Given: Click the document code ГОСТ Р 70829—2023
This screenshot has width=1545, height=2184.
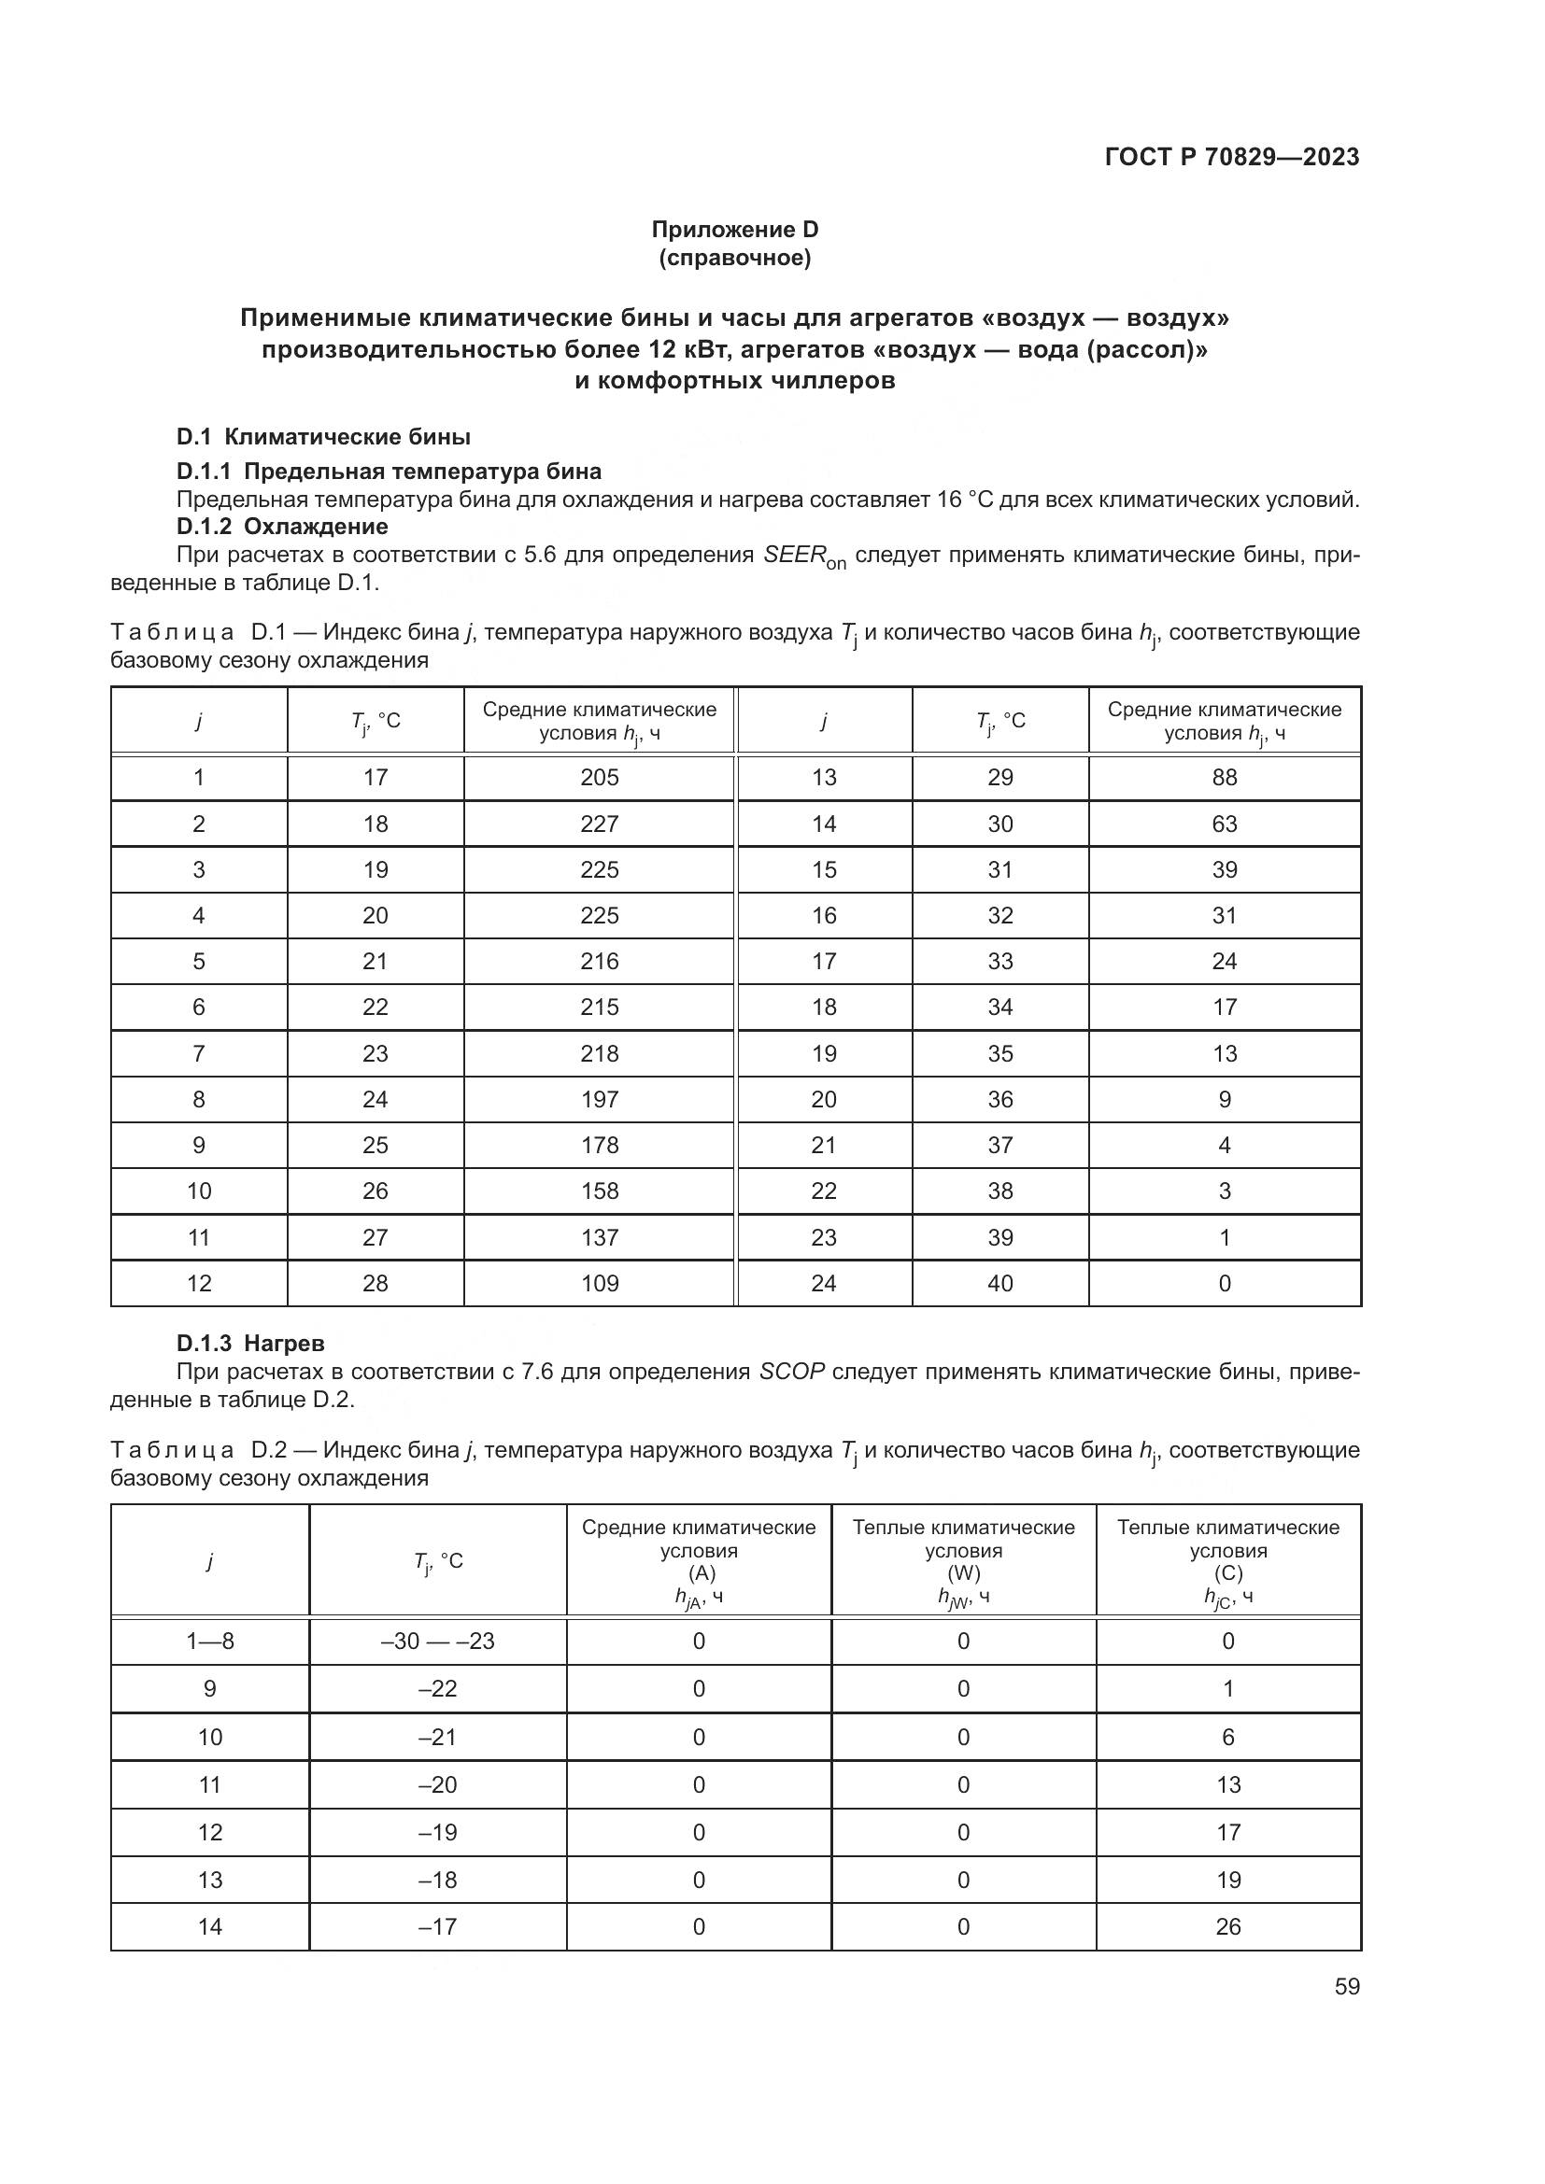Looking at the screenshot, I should coord(1231,157).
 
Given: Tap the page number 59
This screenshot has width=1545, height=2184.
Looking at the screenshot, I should coord(1346,1986).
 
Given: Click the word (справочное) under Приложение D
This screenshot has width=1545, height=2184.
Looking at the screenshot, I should coord(734,258).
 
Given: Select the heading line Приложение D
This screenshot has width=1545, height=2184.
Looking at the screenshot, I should coord(734,230).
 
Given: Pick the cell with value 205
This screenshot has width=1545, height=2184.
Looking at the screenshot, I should coord(600,777).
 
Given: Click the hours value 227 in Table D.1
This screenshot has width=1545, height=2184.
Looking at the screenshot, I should coord(600,824).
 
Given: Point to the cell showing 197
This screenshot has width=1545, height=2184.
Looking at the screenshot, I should coord(600,1099).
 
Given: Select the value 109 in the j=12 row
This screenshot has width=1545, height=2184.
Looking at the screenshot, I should coord(600,1283).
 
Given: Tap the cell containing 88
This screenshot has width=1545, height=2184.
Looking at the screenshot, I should coord(1224,777).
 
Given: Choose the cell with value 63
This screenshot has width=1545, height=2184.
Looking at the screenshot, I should coord(1224,824).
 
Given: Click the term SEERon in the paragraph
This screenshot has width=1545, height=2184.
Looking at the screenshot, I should coord(804,557).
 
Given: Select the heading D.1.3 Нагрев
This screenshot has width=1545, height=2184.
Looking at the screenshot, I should coord(250,1343).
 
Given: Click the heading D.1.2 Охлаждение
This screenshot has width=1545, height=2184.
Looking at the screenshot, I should coord(281,526).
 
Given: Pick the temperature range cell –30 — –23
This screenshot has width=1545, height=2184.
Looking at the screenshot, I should coord(437,1641).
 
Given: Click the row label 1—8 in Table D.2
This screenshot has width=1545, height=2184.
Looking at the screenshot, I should coord(209,1641).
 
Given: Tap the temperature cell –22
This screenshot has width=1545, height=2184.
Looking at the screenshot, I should coord(437,1688).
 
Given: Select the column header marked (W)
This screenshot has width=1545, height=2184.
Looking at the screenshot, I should coord(963,1573).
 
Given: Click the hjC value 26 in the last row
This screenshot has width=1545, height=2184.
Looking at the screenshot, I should coord(1227,1926).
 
